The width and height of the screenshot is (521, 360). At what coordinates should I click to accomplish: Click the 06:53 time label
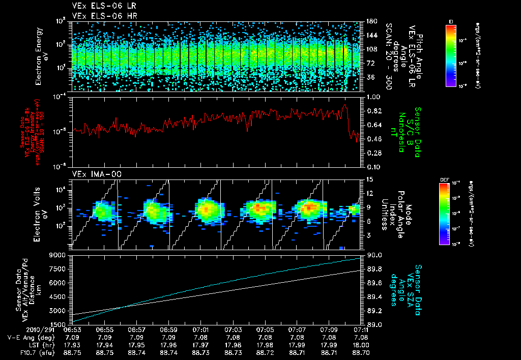(x=73, y=330)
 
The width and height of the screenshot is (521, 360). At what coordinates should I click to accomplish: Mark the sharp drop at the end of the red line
(x=348, y=120)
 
